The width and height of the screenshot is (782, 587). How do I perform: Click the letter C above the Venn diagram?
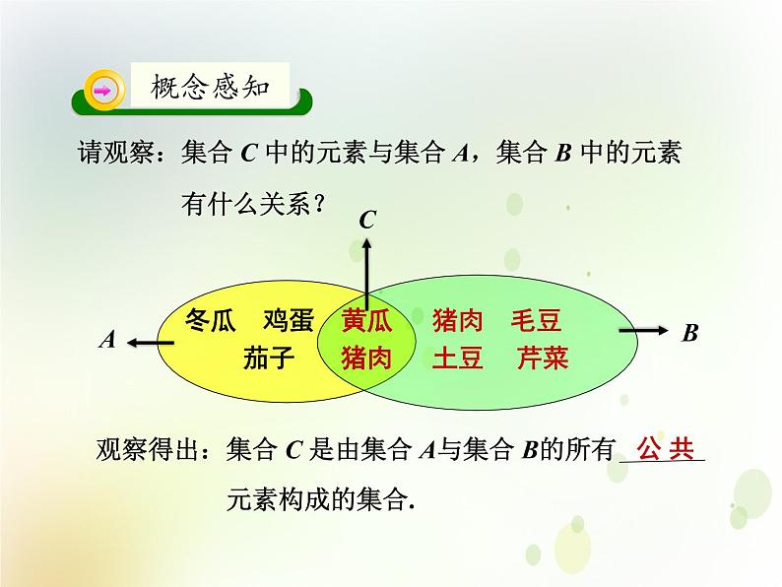coord(367,220)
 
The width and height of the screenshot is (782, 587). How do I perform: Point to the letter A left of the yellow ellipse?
coord(108,340)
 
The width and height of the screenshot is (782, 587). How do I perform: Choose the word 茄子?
coord(268,357)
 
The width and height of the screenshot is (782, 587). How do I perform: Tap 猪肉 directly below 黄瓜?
coord(366,357)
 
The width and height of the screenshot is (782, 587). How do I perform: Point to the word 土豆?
coord(457,357)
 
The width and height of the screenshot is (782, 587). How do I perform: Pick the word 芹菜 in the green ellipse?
coord(543,357)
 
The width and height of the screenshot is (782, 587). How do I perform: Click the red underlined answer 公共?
coord(666,448)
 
